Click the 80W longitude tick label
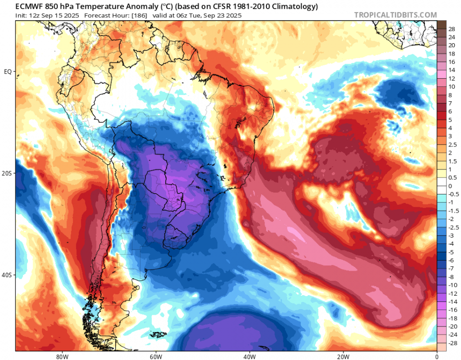pyautogui.click(x=61, y=356)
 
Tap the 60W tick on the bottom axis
pyautogui.click(x=155, y=356)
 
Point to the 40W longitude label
pyautogui.click(x=249, y=356)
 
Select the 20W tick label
pyautogui.click(x=343, y=356)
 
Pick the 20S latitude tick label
pyautogui.click(x=7, y=173)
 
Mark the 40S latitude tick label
pyautogui.click(x=7, y=275)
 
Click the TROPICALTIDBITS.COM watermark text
pyautogui.click(x=395, y=15)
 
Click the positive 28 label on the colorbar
pyautogui.click(x=452, y=29)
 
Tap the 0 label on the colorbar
pyautogui.click(x=450, y=185)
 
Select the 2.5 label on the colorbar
pyautogui.click(x=452, y=144)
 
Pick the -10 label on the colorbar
pyautogui.click(x=452, y=285)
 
